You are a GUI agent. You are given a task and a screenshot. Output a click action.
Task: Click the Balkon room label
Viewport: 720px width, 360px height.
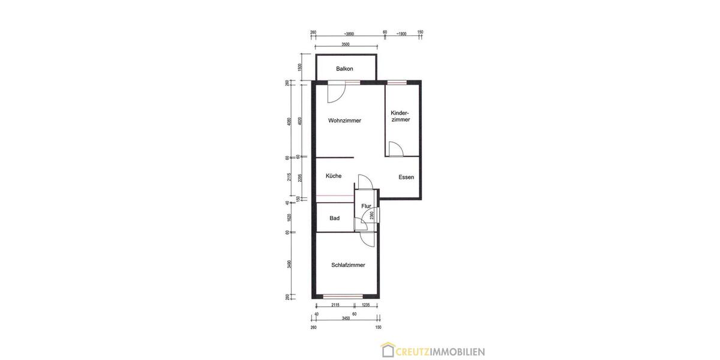coord(344,69)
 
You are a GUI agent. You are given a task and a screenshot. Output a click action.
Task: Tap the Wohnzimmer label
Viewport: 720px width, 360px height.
coord(344,121)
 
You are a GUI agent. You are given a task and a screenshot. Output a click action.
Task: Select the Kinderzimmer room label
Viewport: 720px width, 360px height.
coord(400,116)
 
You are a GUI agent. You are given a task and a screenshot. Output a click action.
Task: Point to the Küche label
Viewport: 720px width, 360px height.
coord(334,176)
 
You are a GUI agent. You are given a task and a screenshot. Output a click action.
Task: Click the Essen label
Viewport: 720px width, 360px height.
coord(406,177)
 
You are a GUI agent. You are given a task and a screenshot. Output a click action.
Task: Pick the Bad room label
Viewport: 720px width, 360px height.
coord(334,218)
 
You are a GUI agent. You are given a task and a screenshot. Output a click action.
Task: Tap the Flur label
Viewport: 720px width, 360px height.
coord(366,206)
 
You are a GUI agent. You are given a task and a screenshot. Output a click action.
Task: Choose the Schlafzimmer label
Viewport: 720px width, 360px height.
coord(348,265)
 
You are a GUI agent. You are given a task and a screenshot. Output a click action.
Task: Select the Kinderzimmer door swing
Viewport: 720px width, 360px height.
coord(395,149)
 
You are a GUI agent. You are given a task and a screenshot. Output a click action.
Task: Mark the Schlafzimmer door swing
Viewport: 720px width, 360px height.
coord(364,238)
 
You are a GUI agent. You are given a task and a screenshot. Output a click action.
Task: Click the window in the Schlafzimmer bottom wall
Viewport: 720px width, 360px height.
coord(343,296)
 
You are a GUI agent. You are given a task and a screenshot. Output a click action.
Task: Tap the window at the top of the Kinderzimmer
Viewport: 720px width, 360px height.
coord(396,82)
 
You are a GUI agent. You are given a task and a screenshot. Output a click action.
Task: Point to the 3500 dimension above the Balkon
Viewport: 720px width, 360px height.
coord(346,44)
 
